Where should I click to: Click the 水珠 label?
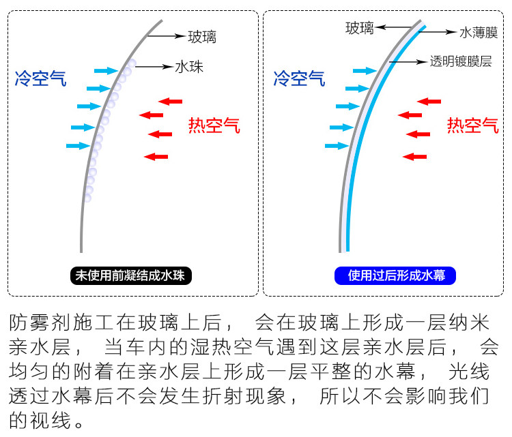pyautogui.click(x=189, y=67)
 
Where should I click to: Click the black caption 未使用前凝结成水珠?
pyautogui.click(x=132, y=275)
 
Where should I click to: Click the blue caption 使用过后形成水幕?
pyautogui.click(x=395, y=275)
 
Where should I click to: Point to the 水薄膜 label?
pyautogui.click(x=478, y=32)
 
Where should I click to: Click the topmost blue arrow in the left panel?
pyautogui.click(x=106, y=70)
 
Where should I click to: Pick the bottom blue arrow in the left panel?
pyautogui.click(x=78, y=145)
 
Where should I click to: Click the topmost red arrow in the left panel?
pyautogui.click(x=170, y=102)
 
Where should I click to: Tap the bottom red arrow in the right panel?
pyautogui.click(x=414, y=157)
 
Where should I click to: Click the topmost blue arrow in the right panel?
pyautogui.click(x=364, y=70)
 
